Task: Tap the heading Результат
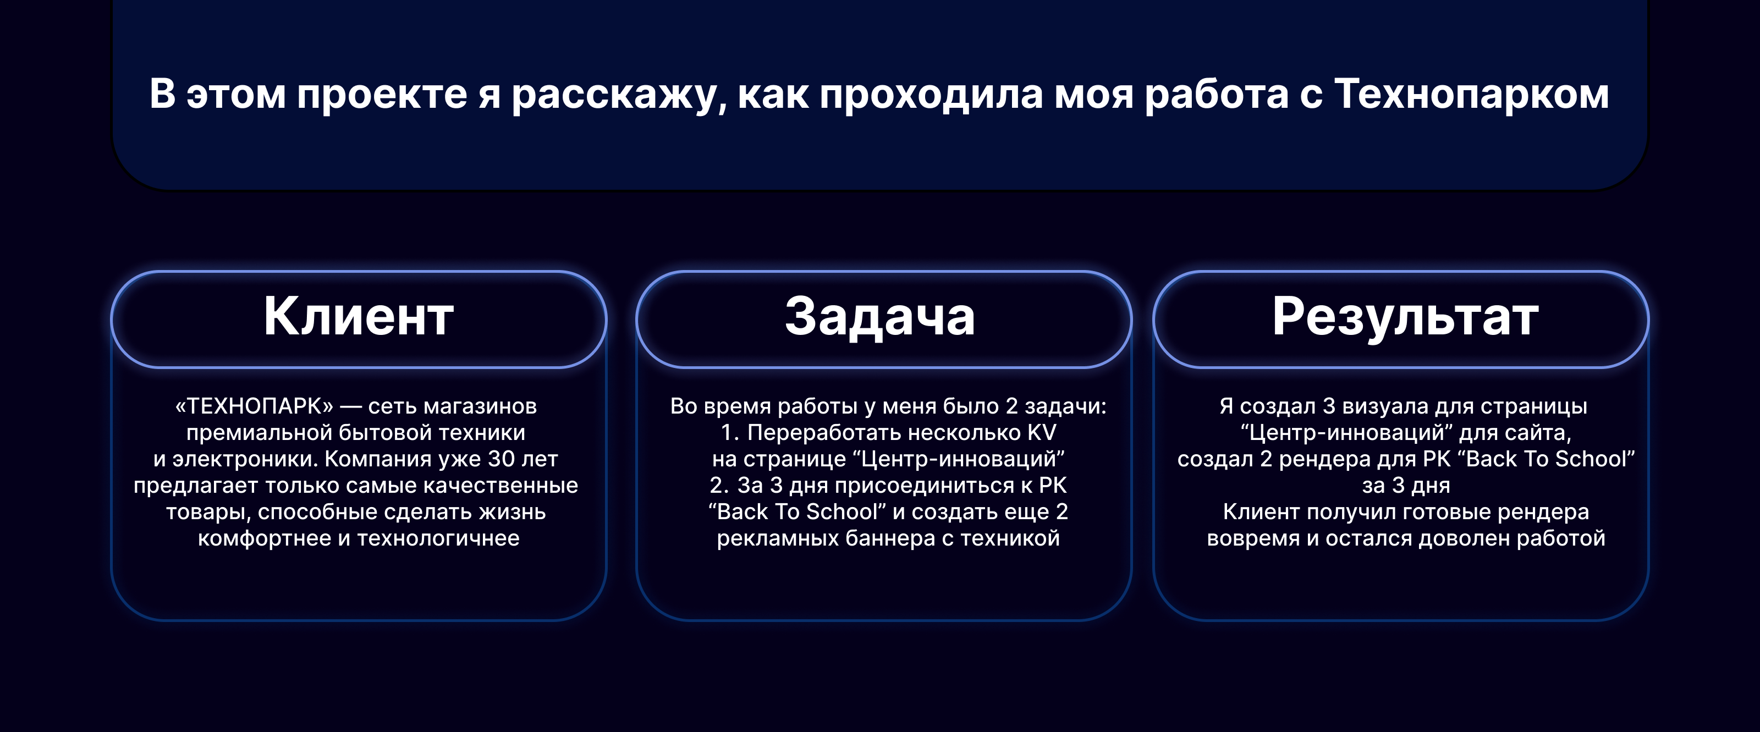[1405, 318]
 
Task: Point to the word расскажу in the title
[619, 95]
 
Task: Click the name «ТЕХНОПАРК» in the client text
[254, 406]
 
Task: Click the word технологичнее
[438, 538]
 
